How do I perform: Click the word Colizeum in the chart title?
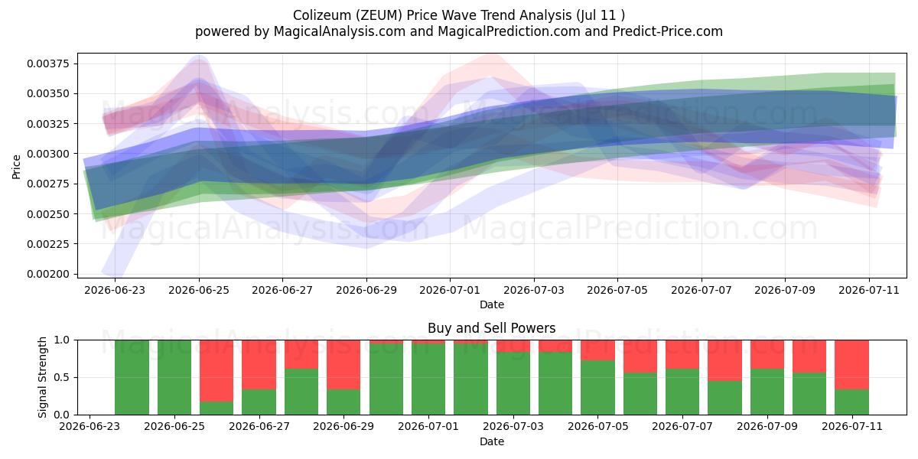[322, 15]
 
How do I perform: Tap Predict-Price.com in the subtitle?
[668, 31]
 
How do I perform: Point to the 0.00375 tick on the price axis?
[48, 63]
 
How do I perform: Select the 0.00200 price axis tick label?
[48, 274]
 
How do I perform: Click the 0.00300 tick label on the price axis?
[48, 154]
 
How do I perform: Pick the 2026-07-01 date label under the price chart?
[450, 290]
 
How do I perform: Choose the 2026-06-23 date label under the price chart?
[115, 290]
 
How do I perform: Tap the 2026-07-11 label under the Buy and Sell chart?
[852, 426]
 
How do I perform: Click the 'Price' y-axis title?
[16, 167]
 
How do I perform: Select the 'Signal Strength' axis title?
[42, 377]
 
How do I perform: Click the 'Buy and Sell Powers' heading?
[492, 328]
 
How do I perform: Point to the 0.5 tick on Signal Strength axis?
[61, 377]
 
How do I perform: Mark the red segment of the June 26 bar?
[216, 371]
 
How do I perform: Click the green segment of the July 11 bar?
[851, 402]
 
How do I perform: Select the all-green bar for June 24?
[132, 377]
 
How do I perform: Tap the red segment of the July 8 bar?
[724, 360]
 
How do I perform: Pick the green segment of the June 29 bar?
[343, 402]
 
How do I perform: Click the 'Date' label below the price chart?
[492, 304]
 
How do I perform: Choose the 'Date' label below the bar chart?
[492, 441]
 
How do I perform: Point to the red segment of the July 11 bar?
[851, 365]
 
